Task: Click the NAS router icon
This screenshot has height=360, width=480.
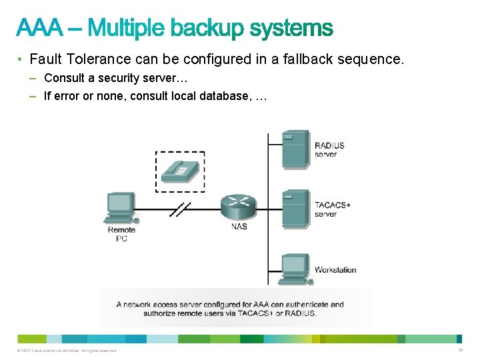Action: point(238,207)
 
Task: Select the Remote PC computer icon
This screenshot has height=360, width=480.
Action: point(121,209)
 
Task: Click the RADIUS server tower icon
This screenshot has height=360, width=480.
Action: point(295,148)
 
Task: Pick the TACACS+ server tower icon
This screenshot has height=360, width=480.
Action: point(295,209)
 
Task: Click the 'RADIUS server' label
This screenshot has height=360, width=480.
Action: point(329,150)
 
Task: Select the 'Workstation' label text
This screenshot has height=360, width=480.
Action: point(335,270)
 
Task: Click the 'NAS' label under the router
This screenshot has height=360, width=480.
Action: point(239,227)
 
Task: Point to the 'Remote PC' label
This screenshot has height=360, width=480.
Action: point(121,234)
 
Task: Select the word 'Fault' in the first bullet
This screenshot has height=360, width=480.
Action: point(46,59)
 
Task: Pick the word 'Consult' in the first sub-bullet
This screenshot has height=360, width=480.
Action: point(63,78)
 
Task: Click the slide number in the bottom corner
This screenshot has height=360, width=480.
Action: point(461,350)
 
